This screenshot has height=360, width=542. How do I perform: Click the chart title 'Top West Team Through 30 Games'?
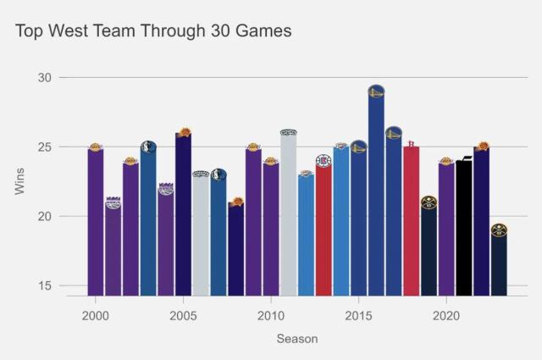[x=153, y=31]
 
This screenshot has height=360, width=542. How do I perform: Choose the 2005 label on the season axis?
[x=183, y=314]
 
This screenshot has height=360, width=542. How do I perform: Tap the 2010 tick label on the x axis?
[x=271, y=314]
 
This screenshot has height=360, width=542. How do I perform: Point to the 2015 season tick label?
[x=358, y=314]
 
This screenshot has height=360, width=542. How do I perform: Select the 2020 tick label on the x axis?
[x=446, y=314]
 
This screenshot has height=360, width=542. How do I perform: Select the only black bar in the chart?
[x=464, y=229]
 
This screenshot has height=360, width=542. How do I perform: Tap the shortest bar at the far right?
[x=499, y=263]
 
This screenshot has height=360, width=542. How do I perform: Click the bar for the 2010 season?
[x=271, y=229]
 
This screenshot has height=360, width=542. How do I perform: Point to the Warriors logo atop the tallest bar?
[x=376, y=92]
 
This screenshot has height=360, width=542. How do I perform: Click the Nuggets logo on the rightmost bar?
[x=499, y=230]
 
